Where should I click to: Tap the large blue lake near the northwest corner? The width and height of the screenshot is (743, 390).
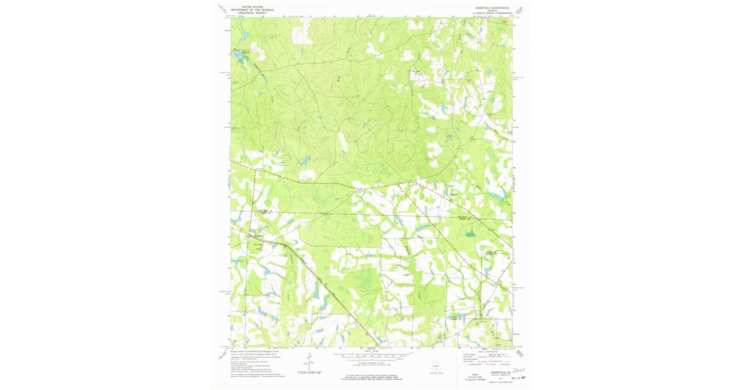tap(238, 54)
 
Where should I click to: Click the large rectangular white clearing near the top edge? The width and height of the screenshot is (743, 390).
tap(302, 35)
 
